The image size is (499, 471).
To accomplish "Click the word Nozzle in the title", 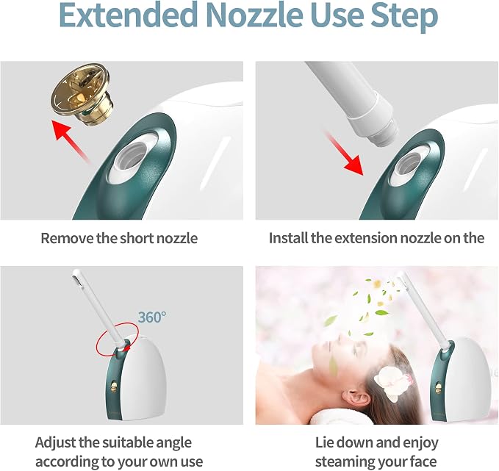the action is [254, 15].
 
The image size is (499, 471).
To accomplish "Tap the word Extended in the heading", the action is [129, 15].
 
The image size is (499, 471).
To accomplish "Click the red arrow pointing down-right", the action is [345, 153].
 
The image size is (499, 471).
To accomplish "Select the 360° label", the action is [152, 317].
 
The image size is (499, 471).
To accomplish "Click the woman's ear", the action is [353, 398].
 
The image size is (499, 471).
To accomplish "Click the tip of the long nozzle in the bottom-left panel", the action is [76, 274].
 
